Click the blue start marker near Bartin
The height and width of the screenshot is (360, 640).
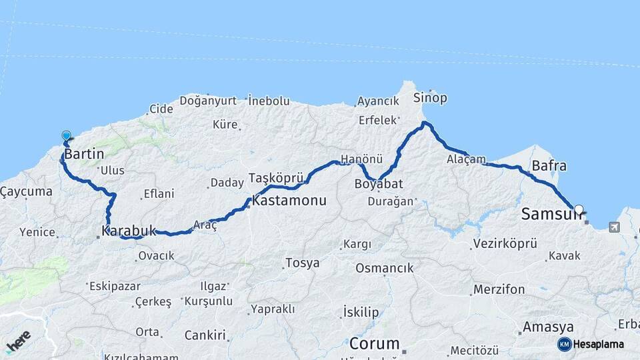click(66, 136)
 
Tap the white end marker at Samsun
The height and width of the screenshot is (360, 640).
click(578, 209)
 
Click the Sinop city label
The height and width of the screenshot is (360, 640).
click(431, 98)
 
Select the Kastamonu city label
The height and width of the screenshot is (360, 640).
click(289, 200)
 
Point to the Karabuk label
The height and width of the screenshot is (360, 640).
click(129, 231)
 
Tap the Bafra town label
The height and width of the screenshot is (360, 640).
click(549, 165)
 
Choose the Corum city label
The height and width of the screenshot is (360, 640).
click(375, 344)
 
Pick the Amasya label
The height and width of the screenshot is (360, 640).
click(548, 327)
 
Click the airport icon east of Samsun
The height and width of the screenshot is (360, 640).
click(613, 227)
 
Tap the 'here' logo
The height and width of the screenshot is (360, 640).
click(18, 342)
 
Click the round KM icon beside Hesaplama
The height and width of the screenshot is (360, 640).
click(564, 344)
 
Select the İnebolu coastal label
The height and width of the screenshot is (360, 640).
click(269, 101)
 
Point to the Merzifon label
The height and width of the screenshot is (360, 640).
click(499, 289)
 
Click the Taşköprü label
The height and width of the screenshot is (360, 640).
click(276, 178)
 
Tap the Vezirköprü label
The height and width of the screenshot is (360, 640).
click(504, 243)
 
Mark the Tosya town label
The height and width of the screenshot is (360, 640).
click(302, 263)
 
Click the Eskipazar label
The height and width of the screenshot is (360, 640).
click(116, 286)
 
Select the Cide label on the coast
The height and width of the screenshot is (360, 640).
click(161, 109)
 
